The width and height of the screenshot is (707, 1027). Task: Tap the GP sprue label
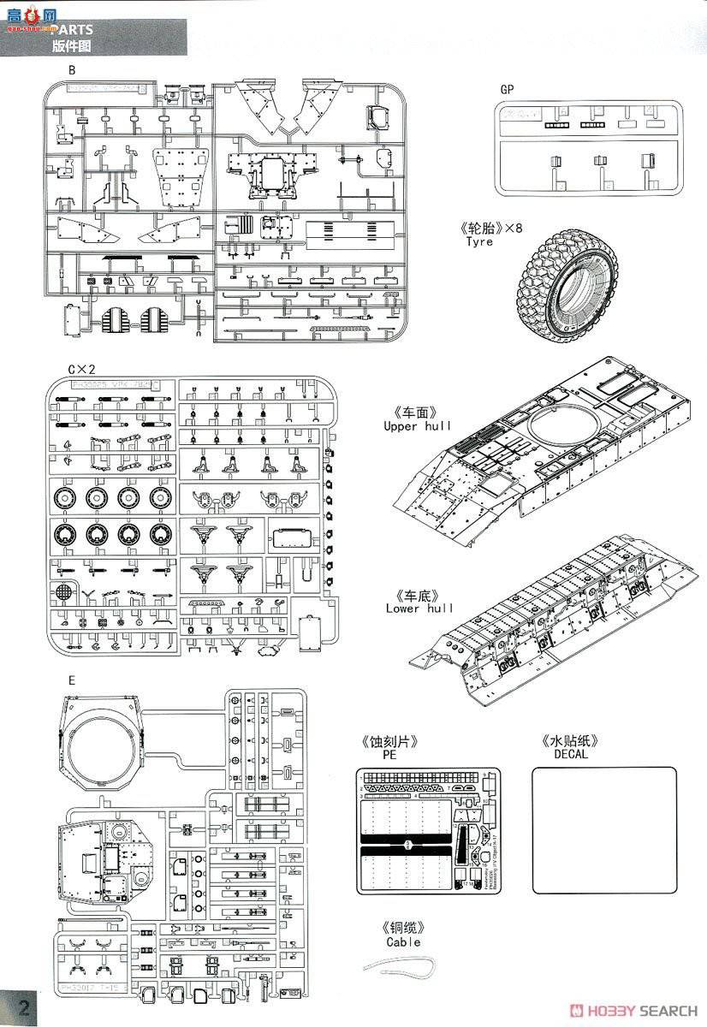click(508, 89)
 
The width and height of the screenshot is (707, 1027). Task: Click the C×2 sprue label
click(82, 369)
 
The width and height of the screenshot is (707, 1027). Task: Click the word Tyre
click(479, 242)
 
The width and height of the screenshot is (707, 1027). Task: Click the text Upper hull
click(418, 425)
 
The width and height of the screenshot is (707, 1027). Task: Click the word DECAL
click(570, 756)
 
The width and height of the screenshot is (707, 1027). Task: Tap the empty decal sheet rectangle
click(604, 830)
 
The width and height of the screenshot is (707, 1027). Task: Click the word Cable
click(403, 941)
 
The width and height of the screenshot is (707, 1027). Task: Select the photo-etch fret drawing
click(425, 830)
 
